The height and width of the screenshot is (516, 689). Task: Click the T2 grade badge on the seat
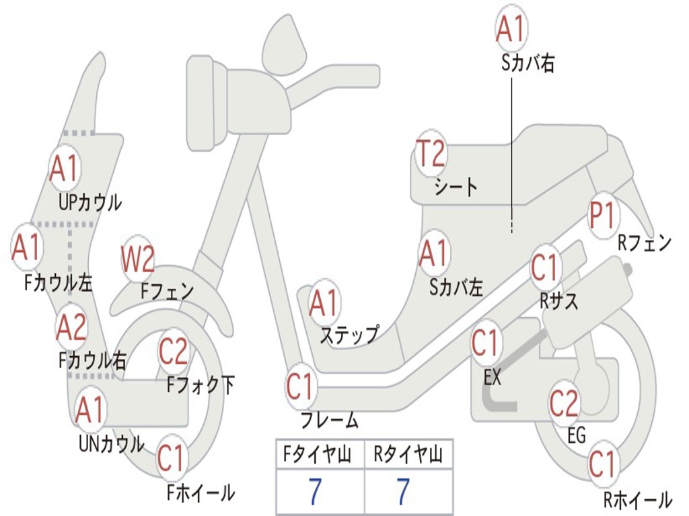431,155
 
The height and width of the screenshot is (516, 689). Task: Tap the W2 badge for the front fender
139,259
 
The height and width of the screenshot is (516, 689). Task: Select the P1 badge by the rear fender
603,215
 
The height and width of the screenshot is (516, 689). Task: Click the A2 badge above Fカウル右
71,327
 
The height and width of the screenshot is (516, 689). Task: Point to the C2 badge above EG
564,402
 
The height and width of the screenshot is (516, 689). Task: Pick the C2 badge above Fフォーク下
174,350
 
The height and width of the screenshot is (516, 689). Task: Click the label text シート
456,186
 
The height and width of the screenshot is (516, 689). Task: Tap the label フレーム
329,421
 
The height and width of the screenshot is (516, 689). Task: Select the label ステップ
349,335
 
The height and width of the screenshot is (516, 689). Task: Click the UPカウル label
90,202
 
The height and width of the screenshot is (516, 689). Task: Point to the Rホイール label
637,500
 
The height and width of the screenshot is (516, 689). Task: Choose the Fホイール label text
201,492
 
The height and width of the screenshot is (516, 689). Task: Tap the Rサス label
559,302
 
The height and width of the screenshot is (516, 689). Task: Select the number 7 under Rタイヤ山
402,492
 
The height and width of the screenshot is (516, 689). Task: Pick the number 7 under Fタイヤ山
315,492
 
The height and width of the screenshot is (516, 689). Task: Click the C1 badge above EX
486,343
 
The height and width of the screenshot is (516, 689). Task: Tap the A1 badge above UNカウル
90,409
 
